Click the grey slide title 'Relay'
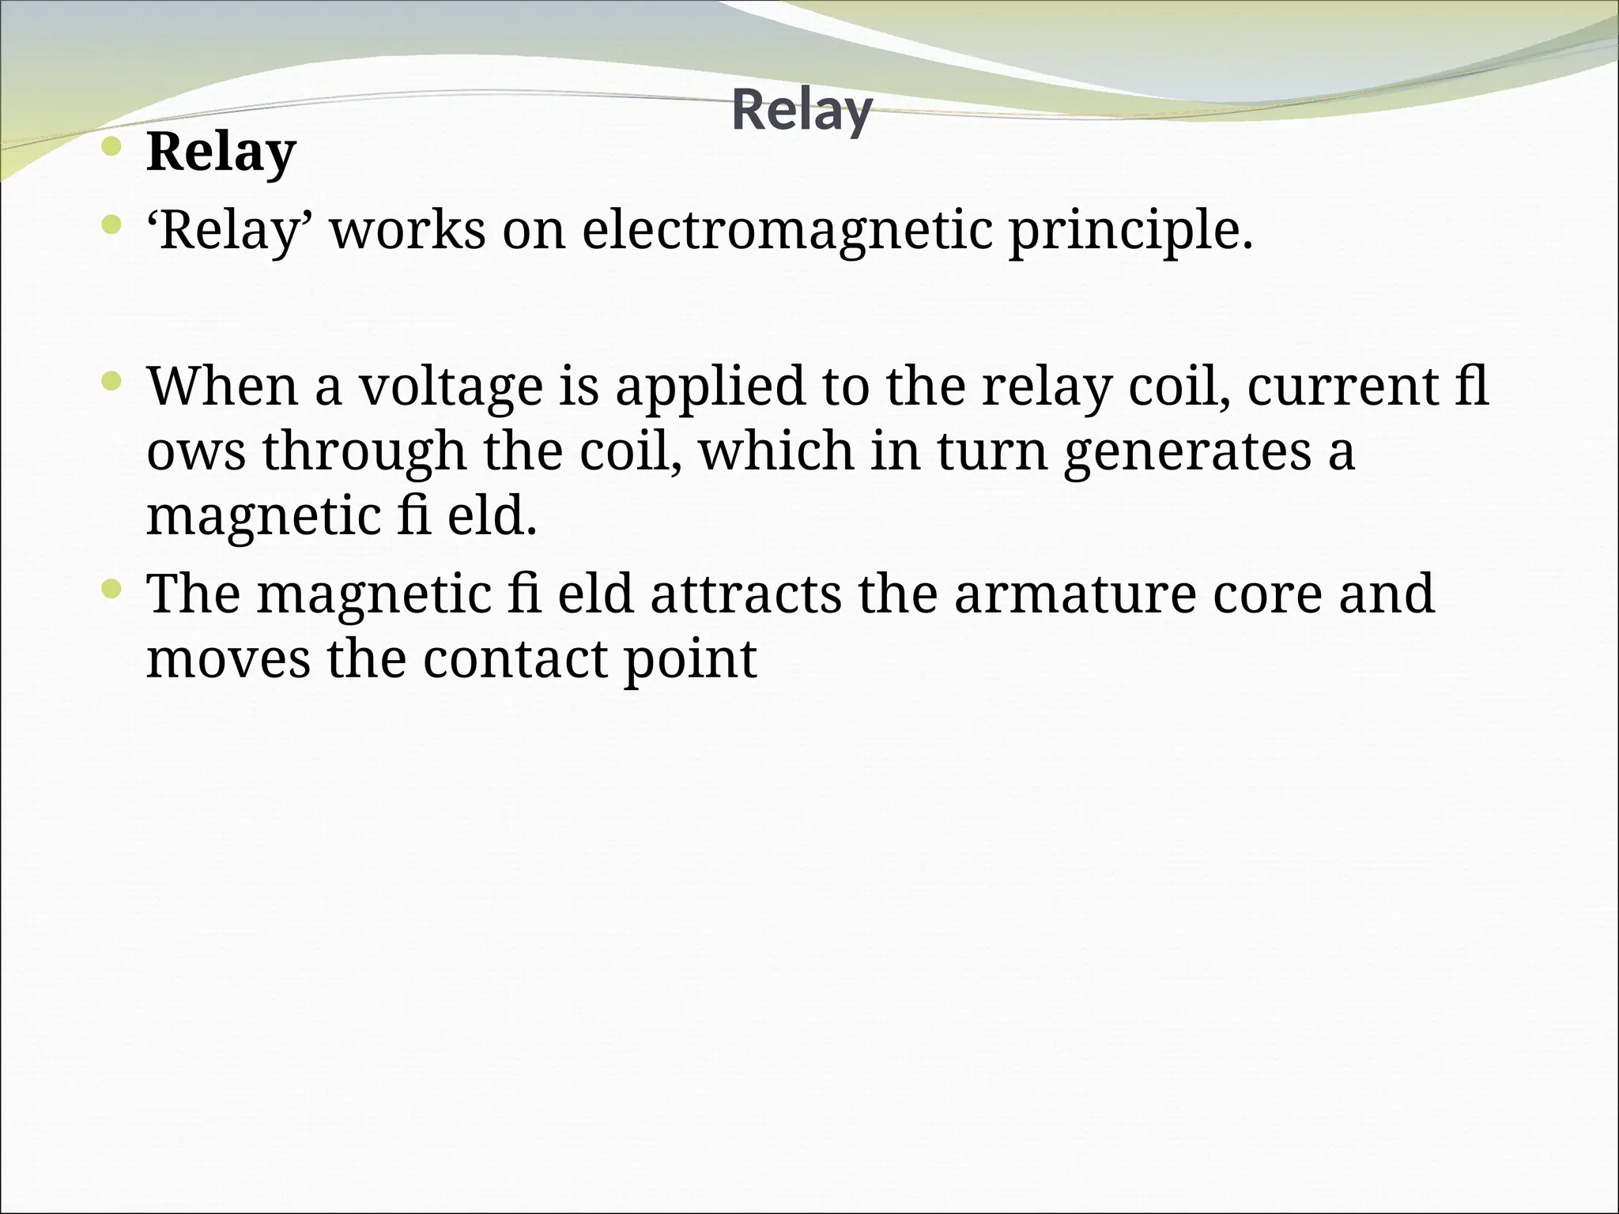[802, 111]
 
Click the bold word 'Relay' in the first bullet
[221, 152]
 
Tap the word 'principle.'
[1131, 232]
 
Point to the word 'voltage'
[451, 387]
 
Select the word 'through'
[364, 452]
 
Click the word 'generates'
[1187, 452]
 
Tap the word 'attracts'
[745, 594]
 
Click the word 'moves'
[228, 659]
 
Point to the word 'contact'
[515, 659]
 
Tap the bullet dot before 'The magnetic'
[112, 589]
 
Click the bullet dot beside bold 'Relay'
[112, 146]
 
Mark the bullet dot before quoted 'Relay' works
[112, 226]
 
